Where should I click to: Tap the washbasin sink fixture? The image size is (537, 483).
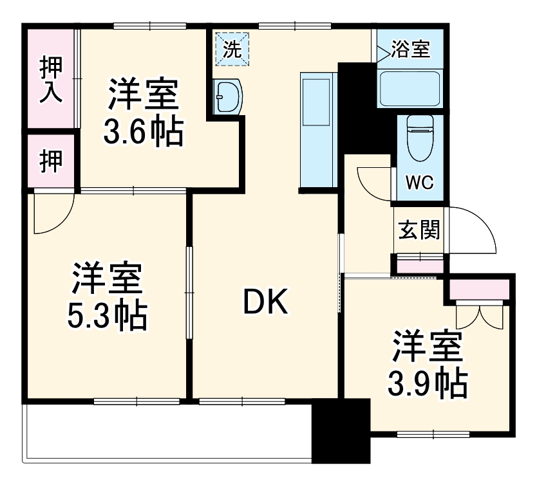pyautogui.click(x=227, y=96)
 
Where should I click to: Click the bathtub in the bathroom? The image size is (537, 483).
pyautogui.click(x=410, y=89)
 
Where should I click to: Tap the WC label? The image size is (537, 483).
pyautogui.click(x=419, y=182)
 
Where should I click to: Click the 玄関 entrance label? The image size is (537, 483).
pyautogui.click(x=419, y=230)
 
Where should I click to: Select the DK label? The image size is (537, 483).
pyautogui.click(x=265, y=302)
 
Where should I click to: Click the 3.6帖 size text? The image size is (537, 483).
pyautogui.click(x=143, y=132)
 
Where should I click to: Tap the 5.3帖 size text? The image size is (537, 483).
pyautogui.click(x=107, y=314)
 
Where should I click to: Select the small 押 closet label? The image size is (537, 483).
pyautogui.click(x=51, y=161)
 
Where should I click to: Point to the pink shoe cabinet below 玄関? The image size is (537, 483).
pyautogui.click(x=419, y=263)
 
